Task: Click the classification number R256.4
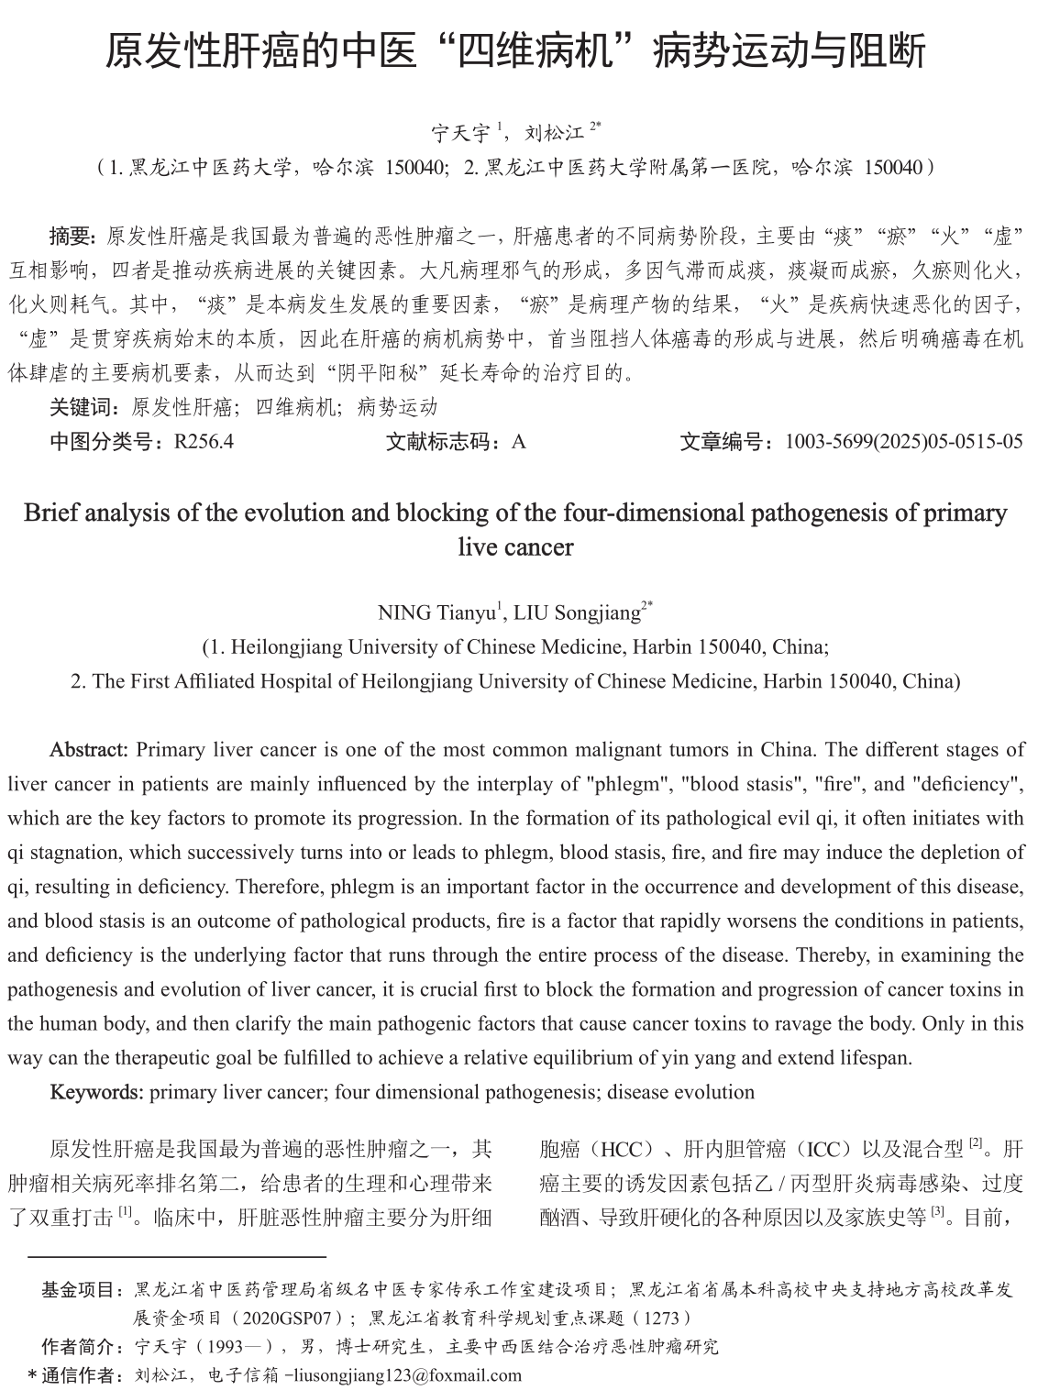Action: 204,442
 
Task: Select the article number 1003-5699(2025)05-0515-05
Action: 904,442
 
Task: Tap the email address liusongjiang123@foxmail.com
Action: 407,1375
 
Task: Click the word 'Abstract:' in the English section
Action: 89,749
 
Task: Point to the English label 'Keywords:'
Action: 96,1092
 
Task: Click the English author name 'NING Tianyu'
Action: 436,612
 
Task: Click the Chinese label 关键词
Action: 83,407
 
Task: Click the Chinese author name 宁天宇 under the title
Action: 460,134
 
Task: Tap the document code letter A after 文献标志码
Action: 519,442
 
